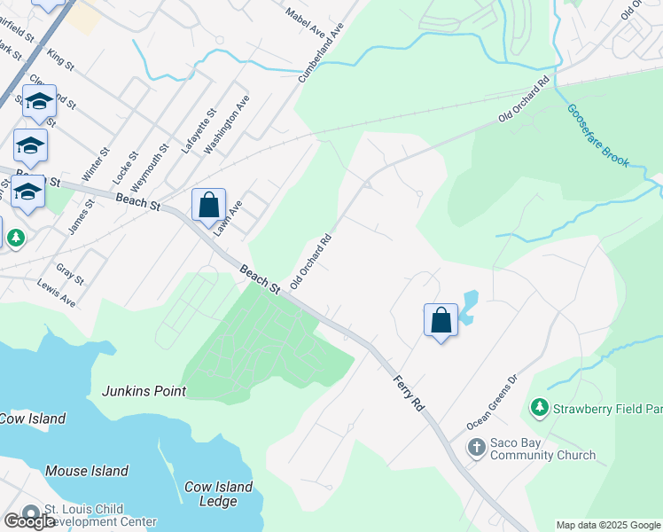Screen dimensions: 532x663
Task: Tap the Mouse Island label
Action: click(x=87, y=471)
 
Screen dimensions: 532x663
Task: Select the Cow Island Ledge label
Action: click(x=218, y=494)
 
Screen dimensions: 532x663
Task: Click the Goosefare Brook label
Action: click(x=598, y=136)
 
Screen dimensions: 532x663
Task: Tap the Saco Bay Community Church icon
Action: click(x=477, y=447)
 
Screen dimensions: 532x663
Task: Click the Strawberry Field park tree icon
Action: click(x=538, y=408)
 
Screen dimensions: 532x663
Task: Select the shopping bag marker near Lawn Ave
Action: click(x=208, y=206)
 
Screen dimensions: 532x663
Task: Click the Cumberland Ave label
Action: click(x=321, y=53)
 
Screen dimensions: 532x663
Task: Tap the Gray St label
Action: click(x=69, y=274)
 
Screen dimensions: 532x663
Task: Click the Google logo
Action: click(x=29, y=521)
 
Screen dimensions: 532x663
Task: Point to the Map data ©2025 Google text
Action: click(x=607, y=525)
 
